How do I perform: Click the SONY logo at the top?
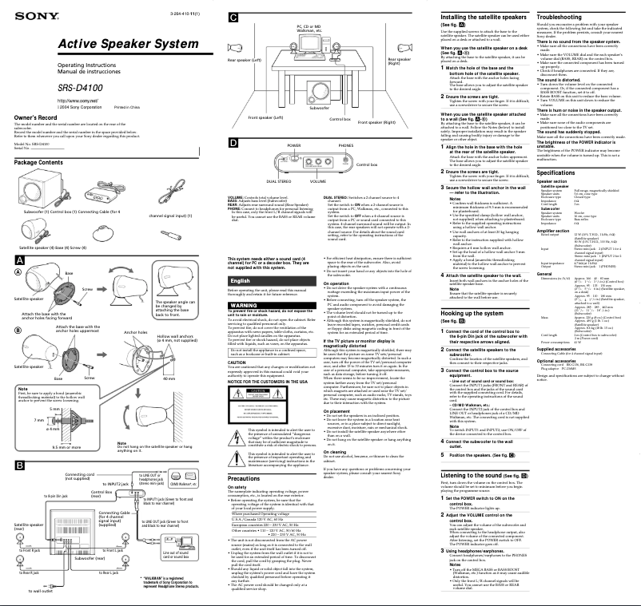[29, 15]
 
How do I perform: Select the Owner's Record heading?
[34, 117]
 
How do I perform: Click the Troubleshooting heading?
[559, 17]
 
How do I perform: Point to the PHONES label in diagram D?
[345, 146]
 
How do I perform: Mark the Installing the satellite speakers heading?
[488, 17]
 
